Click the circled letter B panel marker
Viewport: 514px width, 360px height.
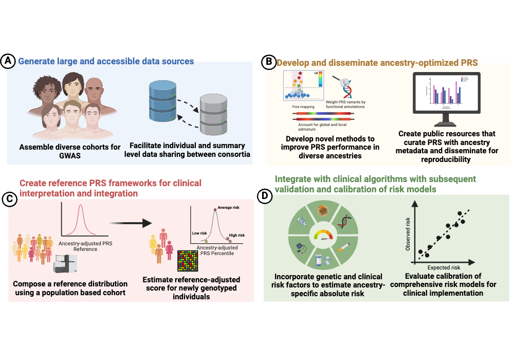[268, 63]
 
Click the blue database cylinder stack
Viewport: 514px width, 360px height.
[161, 102]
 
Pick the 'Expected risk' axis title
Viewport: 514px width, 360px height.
[444, 267]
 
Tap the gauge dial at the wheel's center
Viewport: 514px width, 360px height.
[323, 237]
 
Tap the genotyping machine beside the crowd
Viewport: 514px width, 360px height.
[66, 265]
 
